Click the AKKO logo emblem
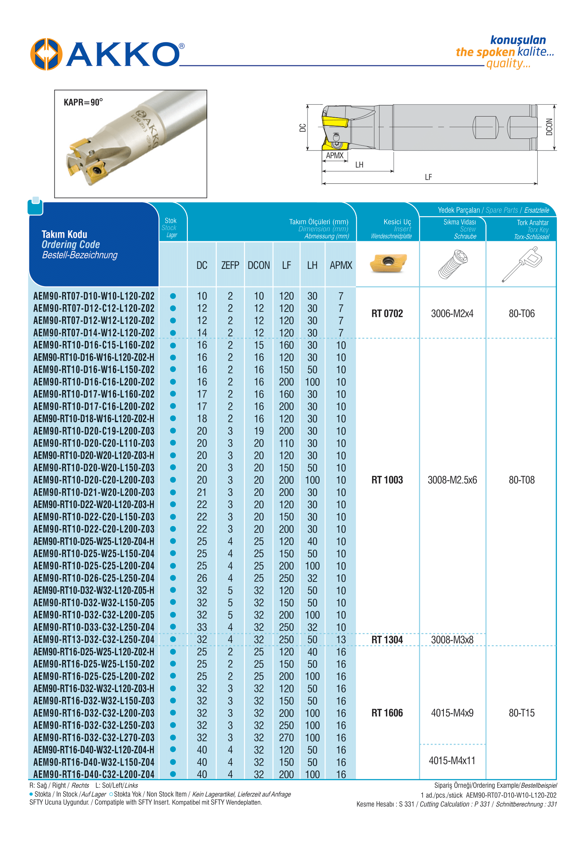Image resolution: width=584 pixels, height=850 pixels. (46, 54)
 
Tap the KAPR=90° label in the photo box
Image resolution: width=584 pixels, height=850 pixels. (83, 102)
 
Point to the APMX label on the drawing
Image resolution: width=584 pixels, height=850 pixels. (334, 155)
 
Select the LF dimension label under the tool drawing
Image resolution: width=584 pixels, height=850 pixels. (428, 177)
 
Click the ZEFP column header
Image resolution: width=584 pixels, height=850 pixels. (230, 265)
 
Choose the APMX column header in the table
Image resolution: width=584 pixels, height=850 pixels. (341, 265)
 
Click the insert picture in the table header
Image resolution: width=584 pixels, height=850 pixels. (388, 263)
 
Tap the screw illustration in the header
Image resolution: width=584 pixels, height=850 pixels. (453, 264)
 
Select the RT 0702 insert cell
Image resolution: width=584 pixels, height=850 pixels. (387, 314)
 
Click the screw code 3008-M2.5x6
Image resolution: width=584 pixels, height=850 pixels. (452, 480)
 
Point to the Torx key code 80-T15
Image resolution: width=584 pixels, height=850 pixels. (522, 713)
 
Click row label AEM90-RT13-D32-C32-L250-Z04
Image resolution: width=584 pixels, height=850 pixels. (94, 639)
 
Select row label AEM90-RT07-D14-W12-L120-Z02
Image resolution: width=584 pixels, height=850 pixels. (94, 333)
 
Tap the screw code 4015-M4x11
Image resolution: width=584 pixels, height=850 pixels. (452, 761)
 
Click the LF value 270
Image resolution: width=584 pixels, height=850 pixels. (286, 738)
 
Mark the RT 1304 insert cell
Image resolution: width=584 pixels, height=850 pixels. (387, 640)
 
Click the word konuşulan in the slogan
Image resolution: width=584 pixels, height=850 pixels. (518, 40)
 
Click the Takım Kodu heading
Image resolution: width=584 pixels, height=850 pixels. (64, 234)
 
